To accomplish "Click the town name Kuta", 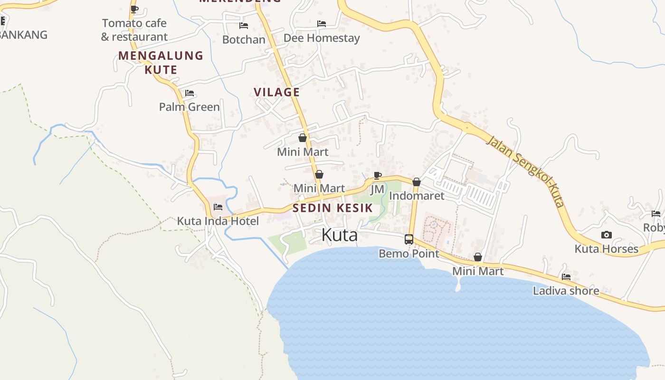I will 339,235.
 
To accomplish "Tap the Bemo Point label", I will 409,254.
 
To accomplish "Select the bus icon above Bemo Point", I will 409,239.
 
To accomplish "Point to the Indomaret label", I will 417,196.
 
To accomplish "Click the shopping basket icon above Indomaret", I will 417,182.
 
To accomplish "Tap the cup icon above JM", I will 378,176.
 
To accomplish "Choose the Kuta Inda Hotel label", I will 218,221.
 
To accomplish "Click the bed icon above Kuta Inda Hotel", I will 218,207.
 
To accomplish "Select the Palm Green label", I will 190,107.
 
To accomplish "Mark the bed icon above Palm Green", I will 190,93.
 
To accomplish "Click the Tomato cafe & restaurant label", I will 134,30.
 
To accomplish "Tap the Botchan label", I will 244,39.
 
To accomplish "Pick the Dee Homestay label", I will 322,38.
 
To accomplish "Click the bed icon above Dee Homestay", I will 322,24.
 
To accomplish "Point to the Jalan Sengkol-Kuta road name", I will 527,172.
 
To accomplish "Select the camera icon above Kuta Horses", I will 607,235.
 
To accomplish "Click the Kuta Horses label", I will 607,249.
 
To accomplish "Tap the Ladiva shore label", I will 566,291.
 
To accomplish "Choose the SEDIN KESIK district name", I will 332,208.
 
